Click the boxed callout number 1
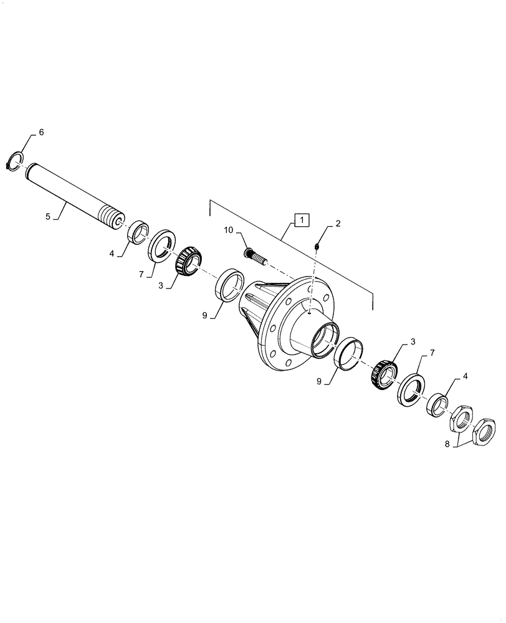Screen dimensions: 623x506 301,220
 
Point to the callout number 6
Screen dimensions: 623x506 41,133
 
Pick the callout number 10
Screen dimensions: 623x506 229,231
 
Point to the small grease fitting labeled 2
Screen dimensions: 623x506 317,247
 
